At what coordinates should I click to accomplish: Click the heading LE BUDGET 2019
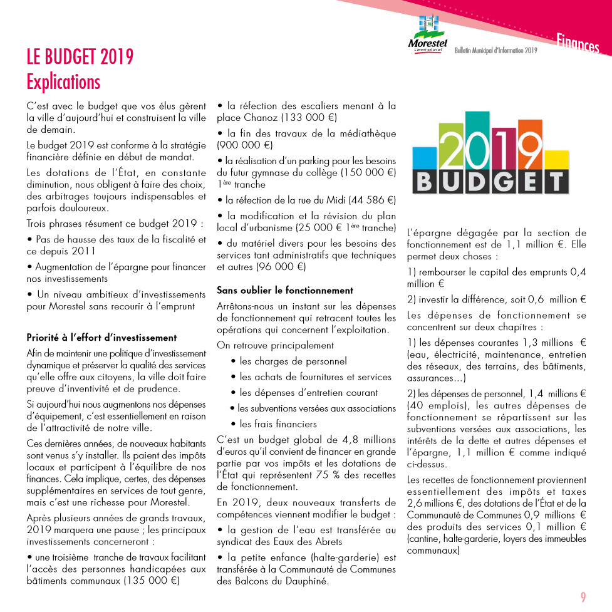pyautogui.click(x=80, y=57)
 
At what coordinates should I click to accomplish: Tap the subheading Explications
pyautogui.click(x=63, y=81)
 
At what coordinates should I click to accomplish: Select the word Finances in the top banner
pyautogui.click(x=578, y=44)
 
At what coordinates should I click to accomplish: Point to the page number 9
pyautogui.click(x=583, y=597)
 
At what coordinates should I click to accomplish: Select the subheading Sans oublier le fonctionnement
pyautogui.click(x=285, y=290)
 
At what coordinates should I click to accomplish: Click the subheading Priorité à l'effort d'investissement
pyautogui.click(x=101, y=338)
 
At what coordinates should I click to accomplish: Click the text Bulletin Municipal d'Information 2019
pyautogui.click(x=496, y=51)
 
